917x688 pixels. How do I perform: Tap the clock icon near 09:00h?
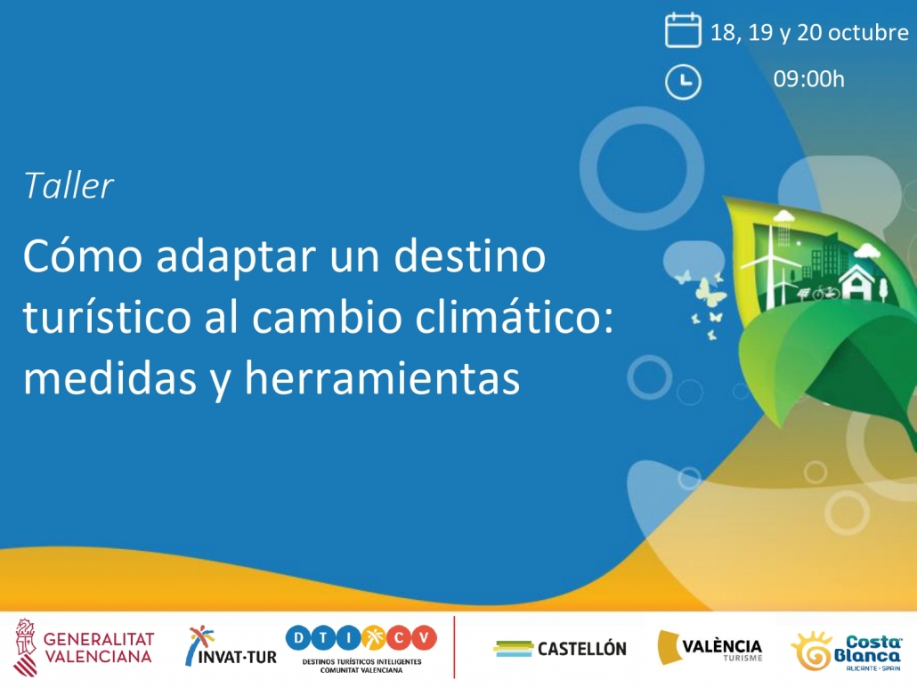pos(683,81)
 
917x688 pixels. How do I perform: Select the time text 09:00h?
pos(808,79)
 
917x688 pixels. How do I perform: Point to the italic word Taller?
pos(69,186)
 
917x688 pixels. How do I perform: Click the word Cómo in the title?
pos(83,256)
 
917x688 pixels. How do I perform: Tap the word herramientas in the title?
pos(382,377)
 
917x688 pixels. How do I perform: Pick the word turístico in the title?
pos(107,317)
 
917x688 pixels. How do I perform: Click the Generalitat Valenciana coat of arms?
pos(25,647)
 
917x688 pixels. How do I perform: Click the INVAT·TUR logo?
pos(231,646)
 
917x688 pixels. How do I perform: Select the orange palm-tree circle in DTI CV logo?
pos(373,638)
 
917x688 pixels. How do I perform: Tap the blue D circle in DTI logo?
pos(298,638)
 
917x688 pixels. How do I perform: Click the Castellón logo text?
pos(582,649)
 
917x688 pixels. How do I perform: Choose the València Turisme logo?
pos(710,647)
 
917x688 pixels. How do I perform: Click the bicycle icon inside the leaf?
pos(826,292)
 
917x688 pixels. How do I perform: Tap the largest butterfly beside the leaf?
pos(710,290)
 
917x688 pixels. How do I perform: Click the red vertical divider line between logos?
pos(454,647)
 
